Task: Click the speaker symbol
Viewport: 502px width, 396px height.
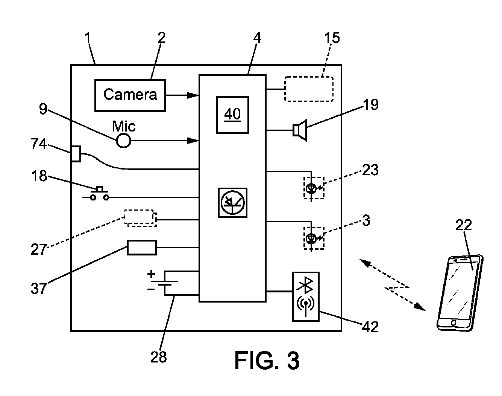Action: (x=300, y=130)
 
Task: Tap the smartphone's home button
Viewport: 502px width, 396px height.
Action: (x=454, y=323)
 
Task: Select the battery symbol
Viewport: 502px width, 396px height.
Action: (x=163, y=283)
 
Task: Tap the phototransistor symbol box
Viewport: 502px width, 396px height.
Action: (x=232, y=203)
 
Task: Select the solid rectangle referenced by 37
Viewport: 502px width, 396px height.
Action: (x=142, y=248)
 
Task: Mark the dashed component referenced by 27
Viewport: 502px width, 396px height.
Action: (x=140, y=218)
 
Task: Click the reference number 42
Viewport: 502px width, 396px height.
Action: (x=370, y=327)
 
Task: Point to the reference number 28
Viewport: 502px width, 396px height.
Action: (x=159, y=357)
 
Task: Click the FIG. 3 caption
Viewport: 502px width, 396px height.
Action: (x=267, y=360)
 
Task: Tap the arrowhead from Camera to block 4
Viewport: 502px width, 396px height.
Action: (x=193, y=95)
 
